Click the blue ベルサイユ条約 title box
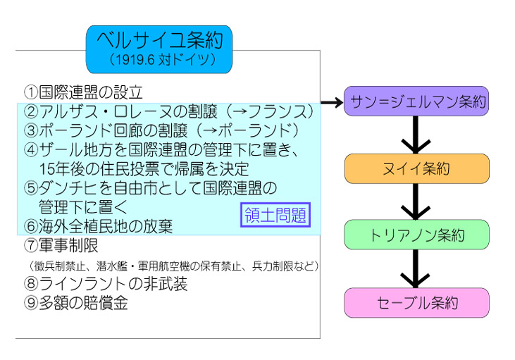[x=159, y=49]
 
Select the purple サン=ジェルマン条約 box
[x=416, y=101]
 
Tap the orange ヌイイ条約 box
[x=417, y=168]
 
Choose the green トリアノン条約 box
[x=416, y=235]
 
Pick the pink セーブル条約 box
[x=416, y=302]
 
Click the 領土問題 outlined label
[x=275, y=215]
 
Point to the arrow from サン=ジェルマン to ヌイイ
[x=416, y=135]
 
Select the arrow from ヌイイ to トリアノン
[x=416, y=201]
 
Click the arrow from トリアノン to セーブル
[x=416, y=268]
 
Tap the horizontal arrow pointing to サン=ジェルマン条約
[x=332, y=102]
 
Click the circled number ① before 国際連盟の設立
[x=31, y=92]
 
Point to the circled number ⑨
[x=31, y=302]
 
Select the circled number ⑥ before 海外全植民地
[x=31, y=226]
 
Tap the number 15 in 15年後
[x=46, y=170]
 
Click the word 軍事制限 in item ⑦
[x=68, y=245]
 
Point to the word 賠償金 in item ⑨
[x=106, y=302]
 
